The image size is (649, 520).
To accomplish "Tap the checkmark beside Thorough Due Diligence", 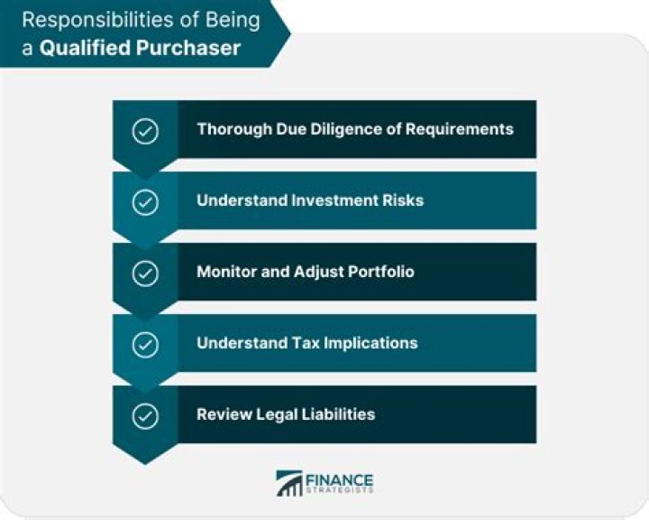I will coord(145,130).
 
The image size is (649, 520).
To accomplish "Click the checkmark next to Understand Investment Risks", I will coord(145,201).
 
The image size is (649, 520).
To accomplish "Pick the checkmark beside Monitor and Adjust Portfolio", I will coord(145,273).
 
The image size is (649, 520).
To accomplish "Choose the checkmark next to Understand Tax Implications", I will coord(145,344).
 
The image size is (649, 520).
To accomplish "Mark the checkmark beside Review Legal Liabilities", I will coord(145,415).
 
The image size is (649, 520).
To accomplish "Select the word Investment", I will coord(331,200).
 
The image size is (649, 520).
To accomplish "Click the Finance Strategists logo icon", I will coord(289,483).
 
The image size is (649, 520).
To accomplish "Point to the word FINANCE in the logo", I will coord(340,478).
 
